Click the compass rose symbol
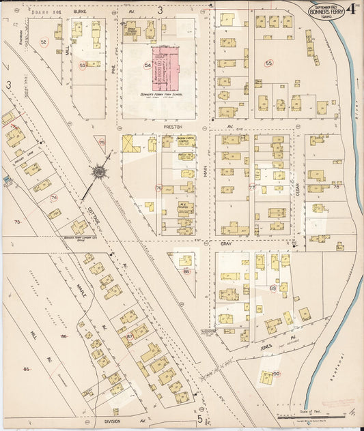pyautogui.click(x=100, y=171)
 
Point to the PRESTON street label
pyautogui.click(x=171, y=126)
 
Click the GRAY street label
pyautogui.click(x=226, y=243)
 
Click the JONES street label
pyautogui.click(x=268, y=346)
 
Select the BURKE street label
pyautogui.click(x=80, y=12)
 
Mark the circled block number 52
pyautogui.click(x=44, y=42)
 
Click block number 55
pyautogui.click(x=269, y=63)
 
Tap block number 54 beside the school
pyautogui.click(x=147, y=65)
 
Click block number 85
pyautogui.click(x=27, y=369)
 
